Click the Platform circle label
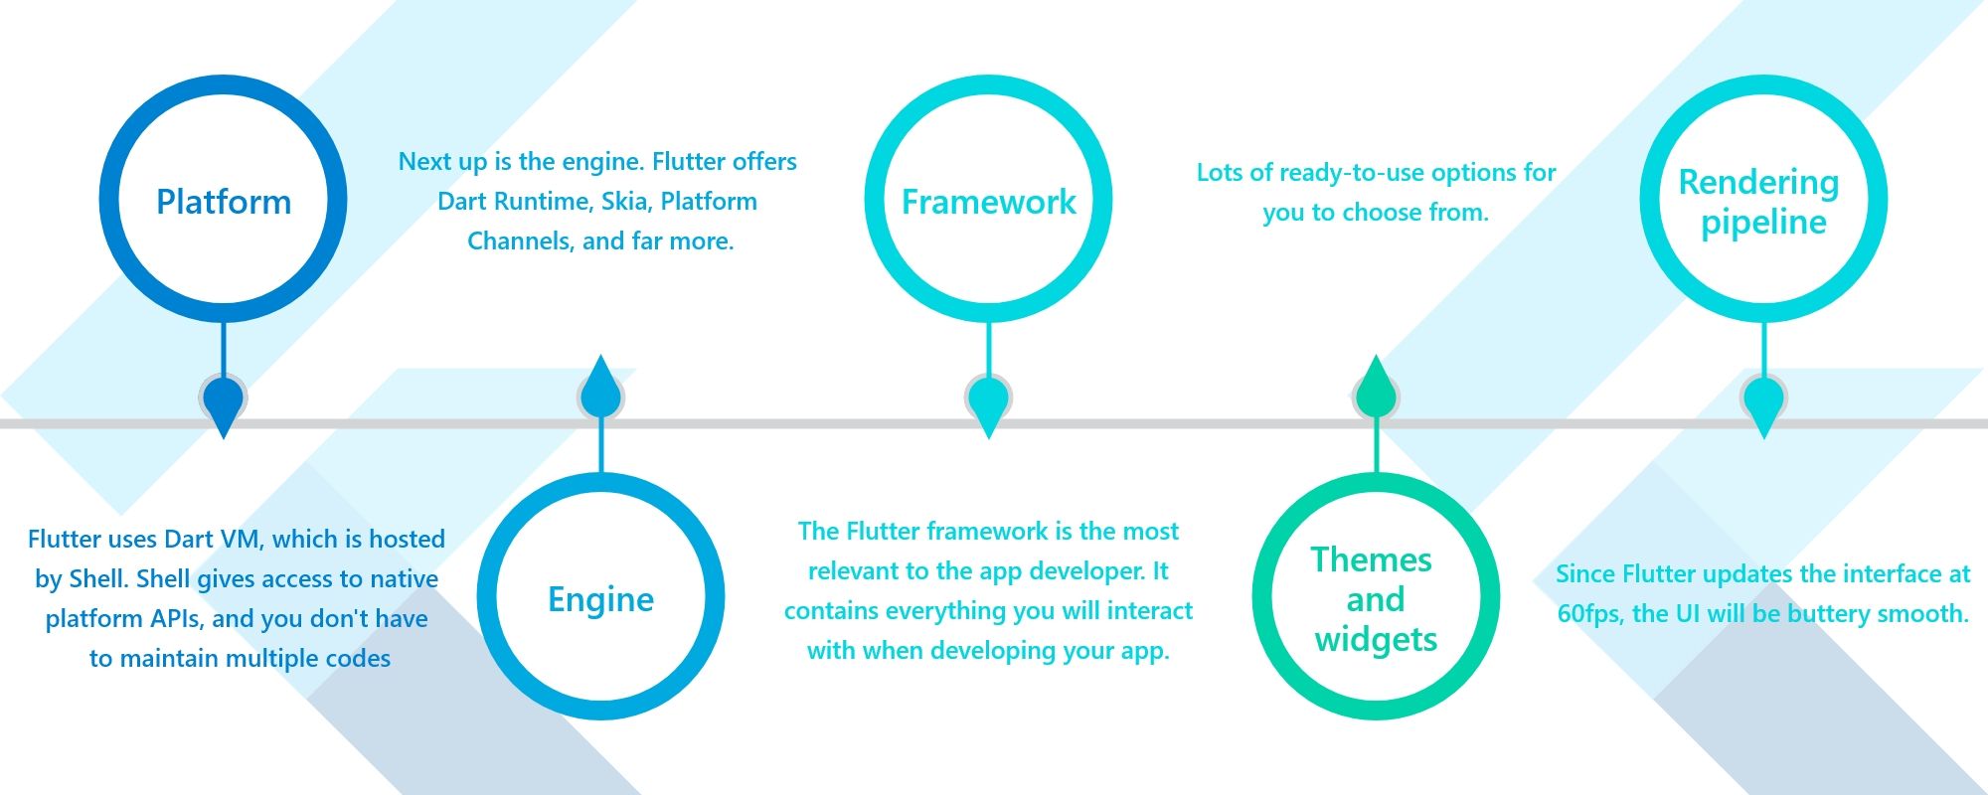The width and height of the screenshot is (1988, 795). tap(224, 202)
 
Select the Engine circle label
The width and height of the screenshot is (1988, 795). tap(600, 599)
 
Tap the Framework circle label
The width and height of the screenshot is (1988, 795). tap(988, 202)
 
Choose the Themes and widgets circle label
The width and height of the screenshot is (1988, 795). tap(1375, 599)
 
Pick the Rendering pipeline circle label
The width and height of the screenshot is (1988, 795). tap(1760, 202)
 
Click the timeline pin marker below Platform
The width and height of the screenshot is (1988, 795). tap(224, 402)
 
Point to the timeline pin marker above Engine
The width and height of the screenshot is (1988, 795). tap(600, 390)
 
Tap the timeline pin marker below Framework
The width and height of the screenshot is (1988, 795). tap(988, 402)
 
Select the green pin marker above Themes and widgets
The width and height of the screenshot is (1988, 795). tap(1376, 390)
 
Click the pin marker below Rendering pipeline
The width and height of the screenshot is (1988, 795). tap(1763, 402)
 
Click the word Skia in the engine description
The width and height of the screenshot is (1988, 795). tap(625, 202)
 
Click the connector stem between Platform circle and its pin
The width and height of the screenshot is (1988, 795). tap(224, 350)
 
